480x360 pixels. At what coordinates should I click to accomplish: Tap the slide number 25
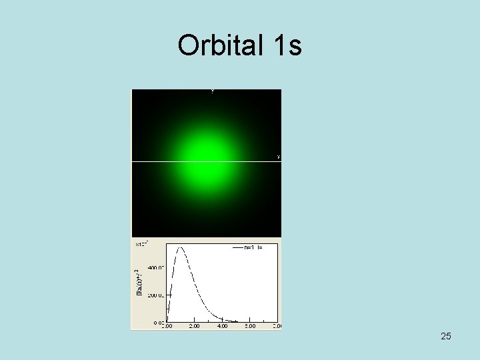(446, 336)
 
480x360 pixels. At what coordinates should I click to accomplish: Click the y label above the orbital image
(212, 91)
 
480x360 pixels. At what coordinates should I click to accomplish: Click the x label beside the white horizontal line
(278, 157)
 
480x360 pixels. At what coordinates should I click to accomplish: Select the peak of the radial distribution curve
(179, 248)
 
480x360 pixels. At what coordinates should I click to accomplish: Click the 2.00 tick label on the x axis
(194, 326)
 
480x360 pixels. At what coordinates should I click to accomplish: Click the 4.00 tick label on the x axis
(222, 326)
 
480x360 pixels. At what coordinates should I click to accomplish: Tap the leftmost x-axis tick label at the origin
(167, 326)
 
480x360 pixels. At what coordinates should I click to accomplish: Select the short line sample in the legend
(237, 247)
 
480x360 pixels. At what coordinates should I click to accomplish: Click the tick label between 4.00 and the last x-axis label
(250, 326)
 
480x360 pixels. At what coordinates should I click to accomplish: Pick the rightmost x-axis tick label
(276, 326)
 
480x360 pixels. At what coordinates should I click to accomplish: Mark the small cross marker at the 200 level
(169, 295)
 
